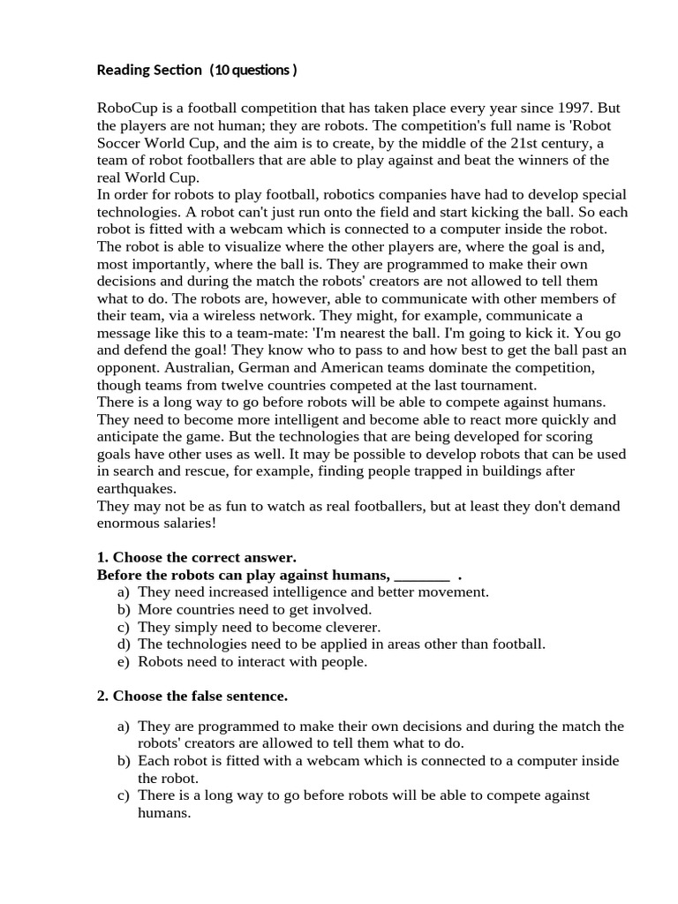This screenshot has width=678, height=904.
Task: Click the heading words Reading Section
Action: [148, 70]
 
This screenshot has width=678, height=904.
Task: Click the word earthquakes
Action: [137, 488]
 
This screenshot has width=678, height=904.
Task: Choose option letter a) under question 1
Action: [123, 592]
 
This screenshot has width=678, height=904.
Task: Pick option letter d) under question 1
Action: [123, 644]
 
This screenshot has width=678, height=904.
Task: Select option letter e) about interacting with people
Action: [123, 661]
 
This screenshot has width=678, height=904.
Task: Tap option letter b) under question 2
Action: [123, 761]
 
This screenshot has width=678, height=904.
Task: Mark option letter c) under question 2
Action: [123, 795]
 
